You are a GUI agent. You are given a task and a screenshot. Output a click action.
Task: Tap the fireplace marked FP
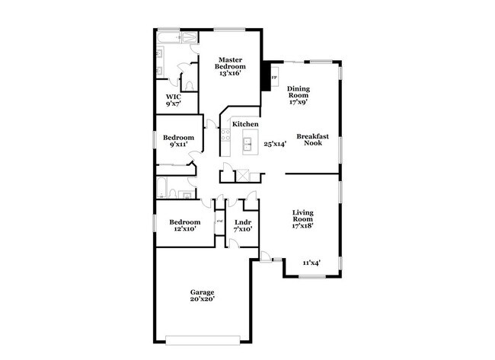273,77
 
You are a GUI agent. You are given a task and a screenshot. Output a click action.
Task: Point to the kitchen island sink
248,142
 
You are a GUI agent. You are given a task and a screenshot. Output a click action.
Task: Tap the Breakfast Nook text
313,139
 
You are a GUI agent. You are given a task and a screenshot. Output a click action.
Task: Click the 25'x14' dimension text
274,143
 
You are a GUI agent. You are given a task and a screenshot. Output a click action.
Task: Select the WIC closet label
173,101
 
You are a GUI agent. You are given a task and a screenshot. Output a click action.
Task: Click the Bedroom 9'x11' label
177,141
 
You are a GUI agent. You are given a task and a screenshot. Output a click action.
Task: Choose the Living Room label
304,218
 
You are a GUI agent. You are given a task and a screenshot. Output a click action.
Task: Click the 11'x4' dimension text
311,263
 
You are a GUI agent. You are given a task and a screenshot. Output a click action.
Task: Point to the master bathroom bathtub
177,37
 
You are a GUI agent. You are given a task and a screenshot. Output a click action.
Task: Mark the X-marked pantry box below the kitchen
243,175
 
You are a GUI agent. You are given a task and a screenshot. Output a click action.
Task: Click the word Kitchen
245,124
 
